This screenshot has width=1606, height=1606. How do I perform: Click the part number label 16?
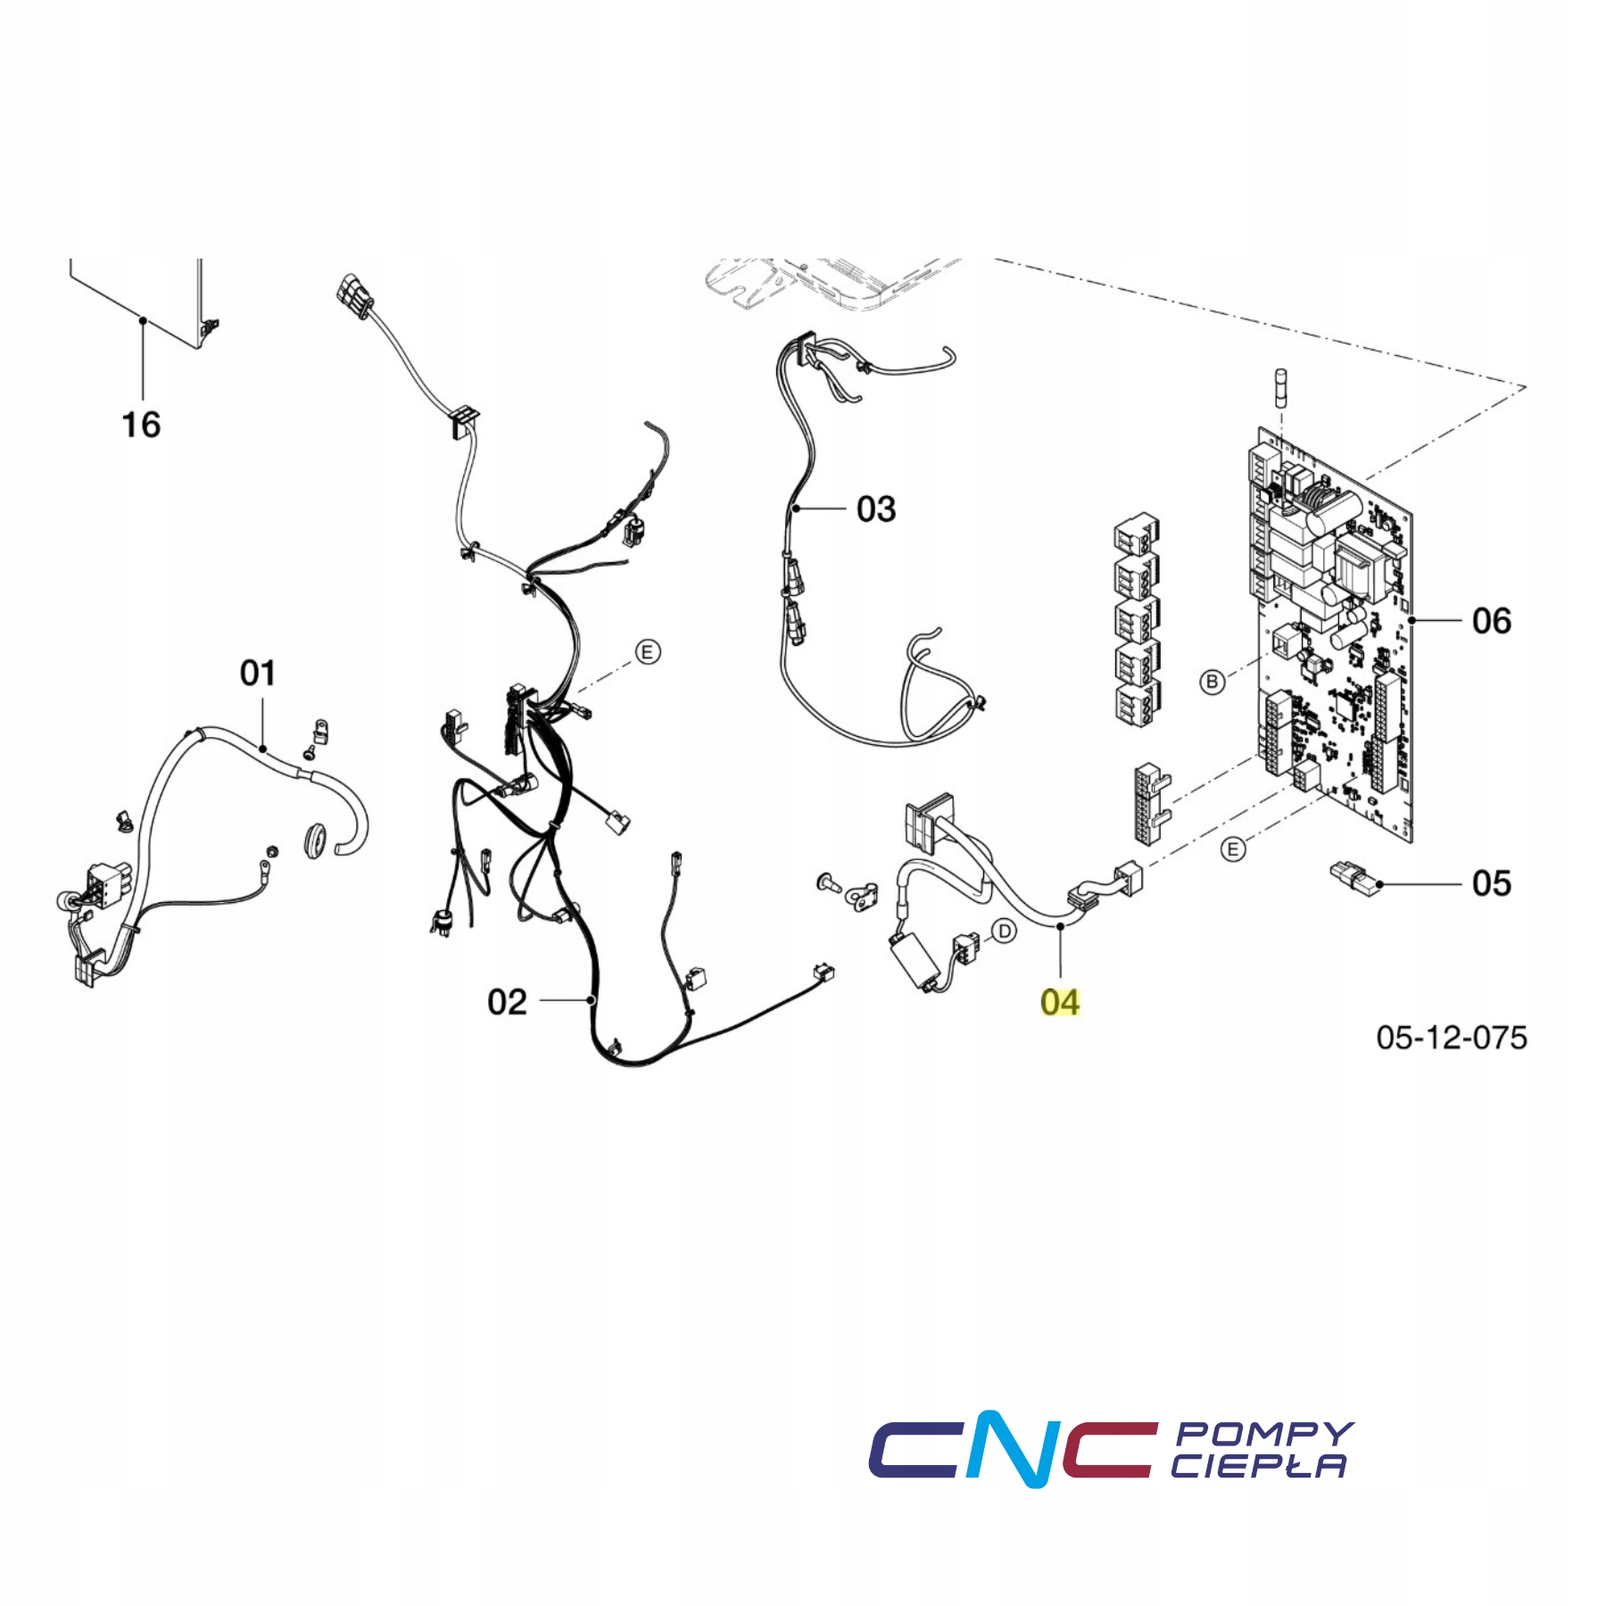(x=141, y=425)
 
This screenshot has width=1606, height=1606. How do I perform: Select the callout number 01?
(x=258, y=673)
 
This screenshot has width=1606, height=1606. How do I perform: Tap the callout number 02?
(x=507, y=1002)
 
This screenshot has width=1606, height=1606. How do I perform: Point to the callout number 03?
(x=876, y=509)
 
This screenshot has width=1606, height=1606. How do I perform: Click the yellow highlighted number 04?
(x=1060, y=1002)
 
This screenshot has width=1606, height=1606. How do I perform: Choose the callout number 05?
(x=1492, y=883)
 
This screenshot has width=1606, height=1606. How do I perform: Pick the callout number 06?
(x=1492, y=621)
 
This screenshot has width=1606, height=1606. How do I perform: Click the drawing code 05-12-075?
(x=1452, y=1037)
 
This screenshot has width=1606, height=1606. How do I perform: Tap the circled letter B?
(x=1212, y=683)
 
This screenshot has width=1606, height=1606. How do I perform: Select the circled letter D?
(x=1005, y=931)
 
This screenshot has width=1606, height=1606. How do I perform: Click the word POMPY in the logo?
(x=1265, y=1434)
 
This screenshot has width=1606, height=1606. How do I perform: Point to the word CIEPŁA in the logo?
(x=1258, y=1466)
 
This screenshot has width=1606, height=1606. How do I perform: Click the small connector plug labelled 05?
(x=1354, y=879)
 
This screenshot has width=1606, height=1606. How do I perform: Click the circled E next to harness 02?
(x=648, y=652)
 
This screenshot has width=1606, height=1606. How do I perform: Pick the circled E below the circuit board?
(x=1233, y=849)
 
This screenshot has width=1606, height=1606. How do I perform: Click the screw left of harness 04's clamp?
(x=828, y=884)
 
